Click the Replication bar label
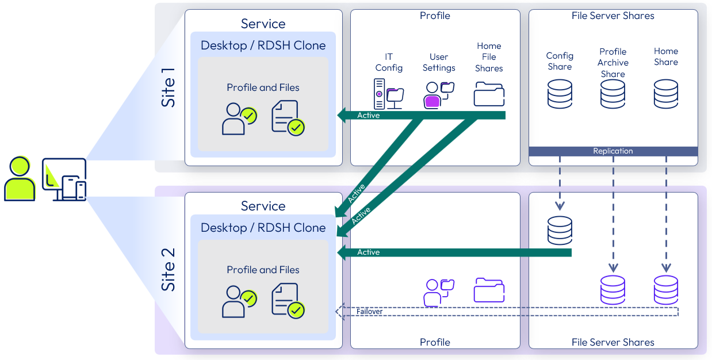pyautogui.click(x=613, y=151)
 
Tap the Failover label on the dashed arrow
pyautogui.click(x=369, y=312)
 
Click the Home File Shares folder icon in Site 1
pyautogui.click(x=489, y=94)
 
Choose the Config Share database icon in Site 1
pyautogui.click(x=560, y=94)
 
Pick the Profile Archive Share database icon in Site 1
pyautogui.click(x=613, y=94)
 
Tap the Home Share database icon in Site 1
pyautogui.click(x=666, y=94)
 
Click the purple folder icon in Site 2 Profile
pyautogui.click(x=489, y=290)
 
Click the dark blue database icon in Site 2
pyautogui.click(x=560, y=231)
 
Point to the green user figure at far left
pyautogui.click(x=20, y=179)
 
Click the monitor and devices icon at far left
pyautogui.click(x=64, y=179)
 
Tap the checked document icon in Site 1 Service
pyautogui.click(x=288, y=118)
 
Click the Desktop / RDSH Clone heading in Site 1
pyautogui.click(x=263, y=45)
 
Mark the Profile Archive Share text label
pyautogui.click(x=613, y=63)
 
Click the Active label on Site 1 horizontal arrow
pyautogui.click(x=369, y=116)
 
